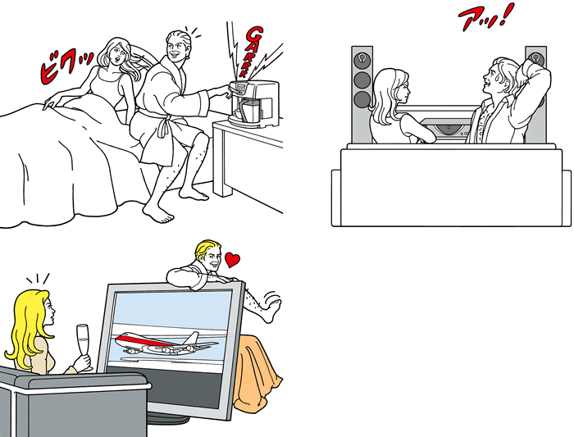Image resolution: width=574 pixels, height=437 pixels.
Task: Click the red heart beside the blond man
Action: click(232, 259)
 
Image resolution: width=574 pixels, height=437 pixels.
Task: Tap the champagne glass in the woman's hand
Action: click(83, 344)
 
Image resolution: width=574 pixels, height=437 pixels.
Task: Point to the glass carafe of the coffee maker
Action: click(249, 109)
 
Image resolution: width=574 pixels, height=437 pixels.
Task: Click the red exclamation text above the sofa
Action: click(485, 16)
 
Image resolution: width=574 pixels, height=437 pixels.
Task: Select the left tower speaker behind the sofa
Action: click(362, 94)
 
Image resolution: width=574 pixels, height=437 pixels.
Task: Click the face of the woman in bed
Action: click(118, 54)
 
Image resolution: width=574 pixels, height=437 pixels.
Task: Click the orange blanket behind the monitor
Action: click(256, 373)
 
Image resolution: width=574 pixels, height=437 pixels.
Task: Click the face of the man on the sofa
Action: click(491, 80)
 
